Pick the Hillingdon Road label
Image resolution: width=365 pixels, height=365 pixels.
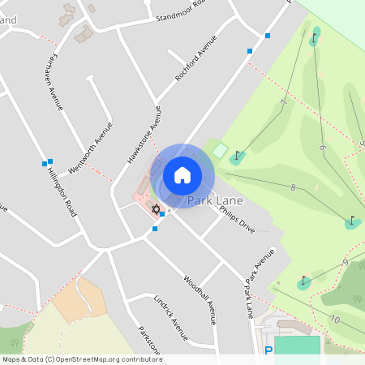point(62,192)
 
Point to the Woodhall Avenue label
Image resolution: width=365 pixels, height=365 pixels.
point(200,298)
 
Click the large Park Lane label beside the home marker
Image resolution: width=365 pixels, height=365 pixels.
point(216,200)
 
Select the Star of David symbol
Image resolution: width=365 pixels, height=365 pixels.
point(156,209)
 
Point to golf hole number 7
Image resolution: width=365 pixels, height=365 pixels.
point(284,101)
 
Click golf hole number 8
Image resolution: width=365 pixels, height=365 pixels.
point(292,187)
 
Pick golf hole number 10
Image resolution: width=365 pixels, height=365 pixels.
point(334,320)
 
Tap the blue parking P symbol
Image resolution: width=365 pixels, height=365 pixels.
point(268,351)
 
